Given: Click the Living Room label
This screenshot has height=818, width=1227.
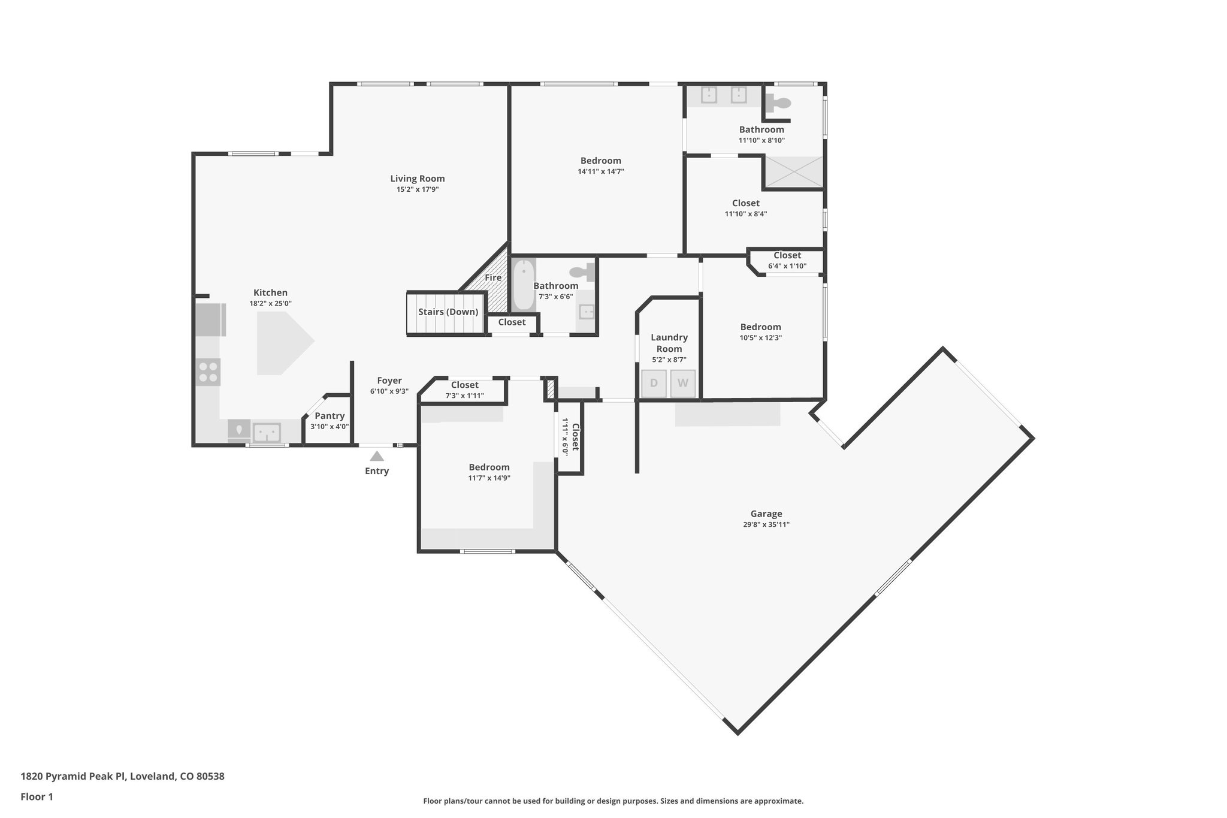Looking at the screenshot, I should point(417,179).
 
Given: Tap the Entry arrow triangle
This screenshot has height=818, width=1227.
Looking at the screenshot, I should point(376,457).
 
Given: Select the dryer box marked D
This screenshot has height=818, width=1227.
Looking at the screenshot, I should point(654,384).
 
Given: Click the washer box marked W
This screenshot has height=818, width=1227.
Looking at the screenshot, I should point(682,384).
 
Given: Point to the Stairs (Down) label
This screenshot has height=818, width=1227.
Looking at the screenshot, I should point(448,312).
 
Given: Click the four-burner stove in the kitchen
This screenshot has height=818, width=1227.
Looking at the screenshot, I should point(208,372).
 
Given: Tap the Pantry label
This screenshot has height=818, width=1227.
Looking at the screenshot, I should point(330,416).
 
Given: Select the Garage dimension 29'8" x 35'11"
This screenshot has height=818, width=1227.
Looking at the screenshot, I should point(766,525).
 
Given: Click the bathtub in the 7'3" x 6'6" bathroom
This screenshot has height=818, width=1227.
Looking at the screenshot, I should point(523,284).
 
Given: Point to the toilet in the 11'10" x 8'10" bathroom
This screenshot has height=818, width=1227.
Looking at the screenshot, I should point(778,104).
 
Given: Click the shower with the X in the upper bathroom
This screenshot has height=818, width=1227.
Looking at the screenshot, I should point(793,171).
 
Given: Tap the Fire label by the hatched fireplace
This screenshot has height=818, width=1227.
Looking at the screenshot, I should point(493,278).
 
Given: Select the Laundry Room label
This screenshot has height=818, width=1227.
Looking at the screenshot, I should point(669,343).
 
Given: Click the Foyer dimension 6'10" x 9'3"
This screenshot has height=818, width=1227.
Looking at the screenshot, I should point(389,391).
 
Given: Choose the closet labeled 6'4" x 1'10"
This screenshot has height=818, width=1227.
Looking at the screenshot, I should point(787,261).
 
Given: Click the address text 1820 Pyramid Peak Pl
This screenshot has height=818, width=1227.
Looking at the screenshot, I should point(122,776).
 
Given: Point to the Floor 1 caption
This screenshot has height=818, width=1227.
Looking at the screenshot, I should point(37,796).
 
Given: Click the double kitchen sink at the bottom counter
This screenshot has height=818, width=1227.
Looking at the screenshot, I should point(267,431).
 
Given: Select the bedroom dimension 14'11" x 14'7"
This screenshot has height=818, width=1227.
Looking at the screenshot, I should point(600,171).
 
